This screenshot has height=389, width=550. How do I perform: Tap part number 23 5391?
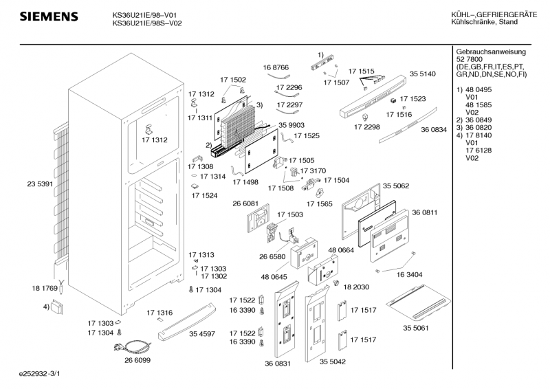41,184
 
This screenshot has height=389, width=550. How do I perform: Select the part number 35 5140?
423,74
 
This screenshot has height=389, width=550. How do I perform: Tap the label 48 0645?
274,277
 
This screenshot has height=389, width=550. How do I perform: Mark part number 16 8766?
276,67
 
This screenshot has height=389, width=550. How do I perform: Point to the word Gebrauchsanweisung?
491,52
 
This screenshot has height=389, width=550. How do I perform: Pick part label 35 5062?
396,186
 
